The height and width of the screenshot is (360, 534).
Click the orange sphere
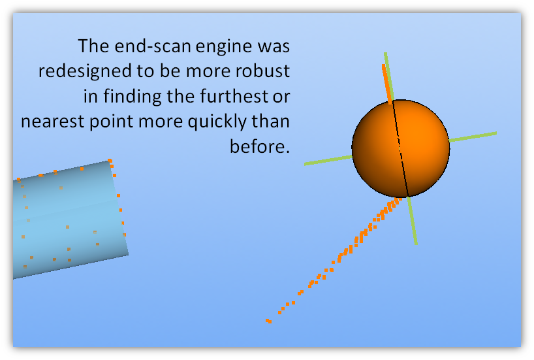point(401,148)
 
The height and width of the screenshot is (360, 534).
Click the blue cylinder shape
point(70,220)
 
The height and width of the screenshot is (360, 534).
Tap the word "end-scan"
point(153,46)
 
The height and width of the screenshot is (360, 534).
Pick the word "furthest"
point(234,96)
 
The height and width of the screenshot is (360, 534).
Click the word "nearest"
point(52,122)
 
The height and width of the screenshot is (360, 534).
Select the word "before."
point(260,146)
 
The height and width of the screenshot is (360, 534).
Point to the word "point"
point(112,122)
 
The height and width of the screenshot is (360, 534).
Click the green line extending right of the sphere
point(473,137)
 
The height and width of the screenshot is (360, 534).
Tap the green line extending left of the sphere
point(328,160)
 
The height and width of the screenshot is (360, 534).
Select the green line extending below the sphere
point(412,221)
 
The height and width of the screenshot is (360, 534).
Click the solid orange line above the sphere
point(387,84)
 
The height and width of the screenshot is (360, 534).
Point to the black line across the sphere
point(401,148)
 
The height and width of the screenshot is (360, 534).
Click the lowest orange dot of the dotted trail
point(268,321)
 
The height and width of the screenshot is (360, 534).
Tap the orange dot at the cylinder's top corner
point(110,161)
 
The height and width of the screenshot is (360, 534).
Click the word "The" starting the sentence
point(93,46)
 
